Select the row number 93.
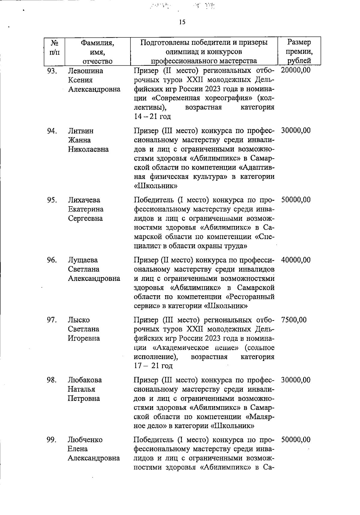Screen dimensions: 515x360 (x=52, y=71)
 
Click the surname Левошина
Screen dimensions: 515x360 (x=85, y=71)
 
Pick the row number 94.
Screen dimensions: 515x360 (x=52, y=131)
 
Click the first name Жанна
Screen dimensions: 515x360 (x=79, y=140)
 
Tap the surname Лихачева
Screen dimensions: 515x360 (x=84, y=200)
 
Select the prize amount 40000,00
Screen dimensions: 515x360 (x=296, y=260)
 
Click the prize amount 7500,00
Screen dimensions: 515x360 (x=294, y=320)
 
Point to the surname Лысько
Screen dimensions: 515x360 (x=79, y=320)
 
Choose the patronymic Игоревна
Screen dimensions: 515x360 (x=84, y=338)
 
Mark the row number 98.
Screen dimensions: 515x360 (x=52, y=380)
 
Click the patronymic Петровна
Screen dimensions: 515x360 (x=83, y=399)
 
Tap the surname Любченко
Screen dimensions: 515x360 (x=85, y=440)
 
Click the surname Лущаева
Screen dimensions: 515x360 (x=83, y=260)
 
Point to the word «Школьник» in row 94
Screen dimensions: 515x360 (x=155, y=186)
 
